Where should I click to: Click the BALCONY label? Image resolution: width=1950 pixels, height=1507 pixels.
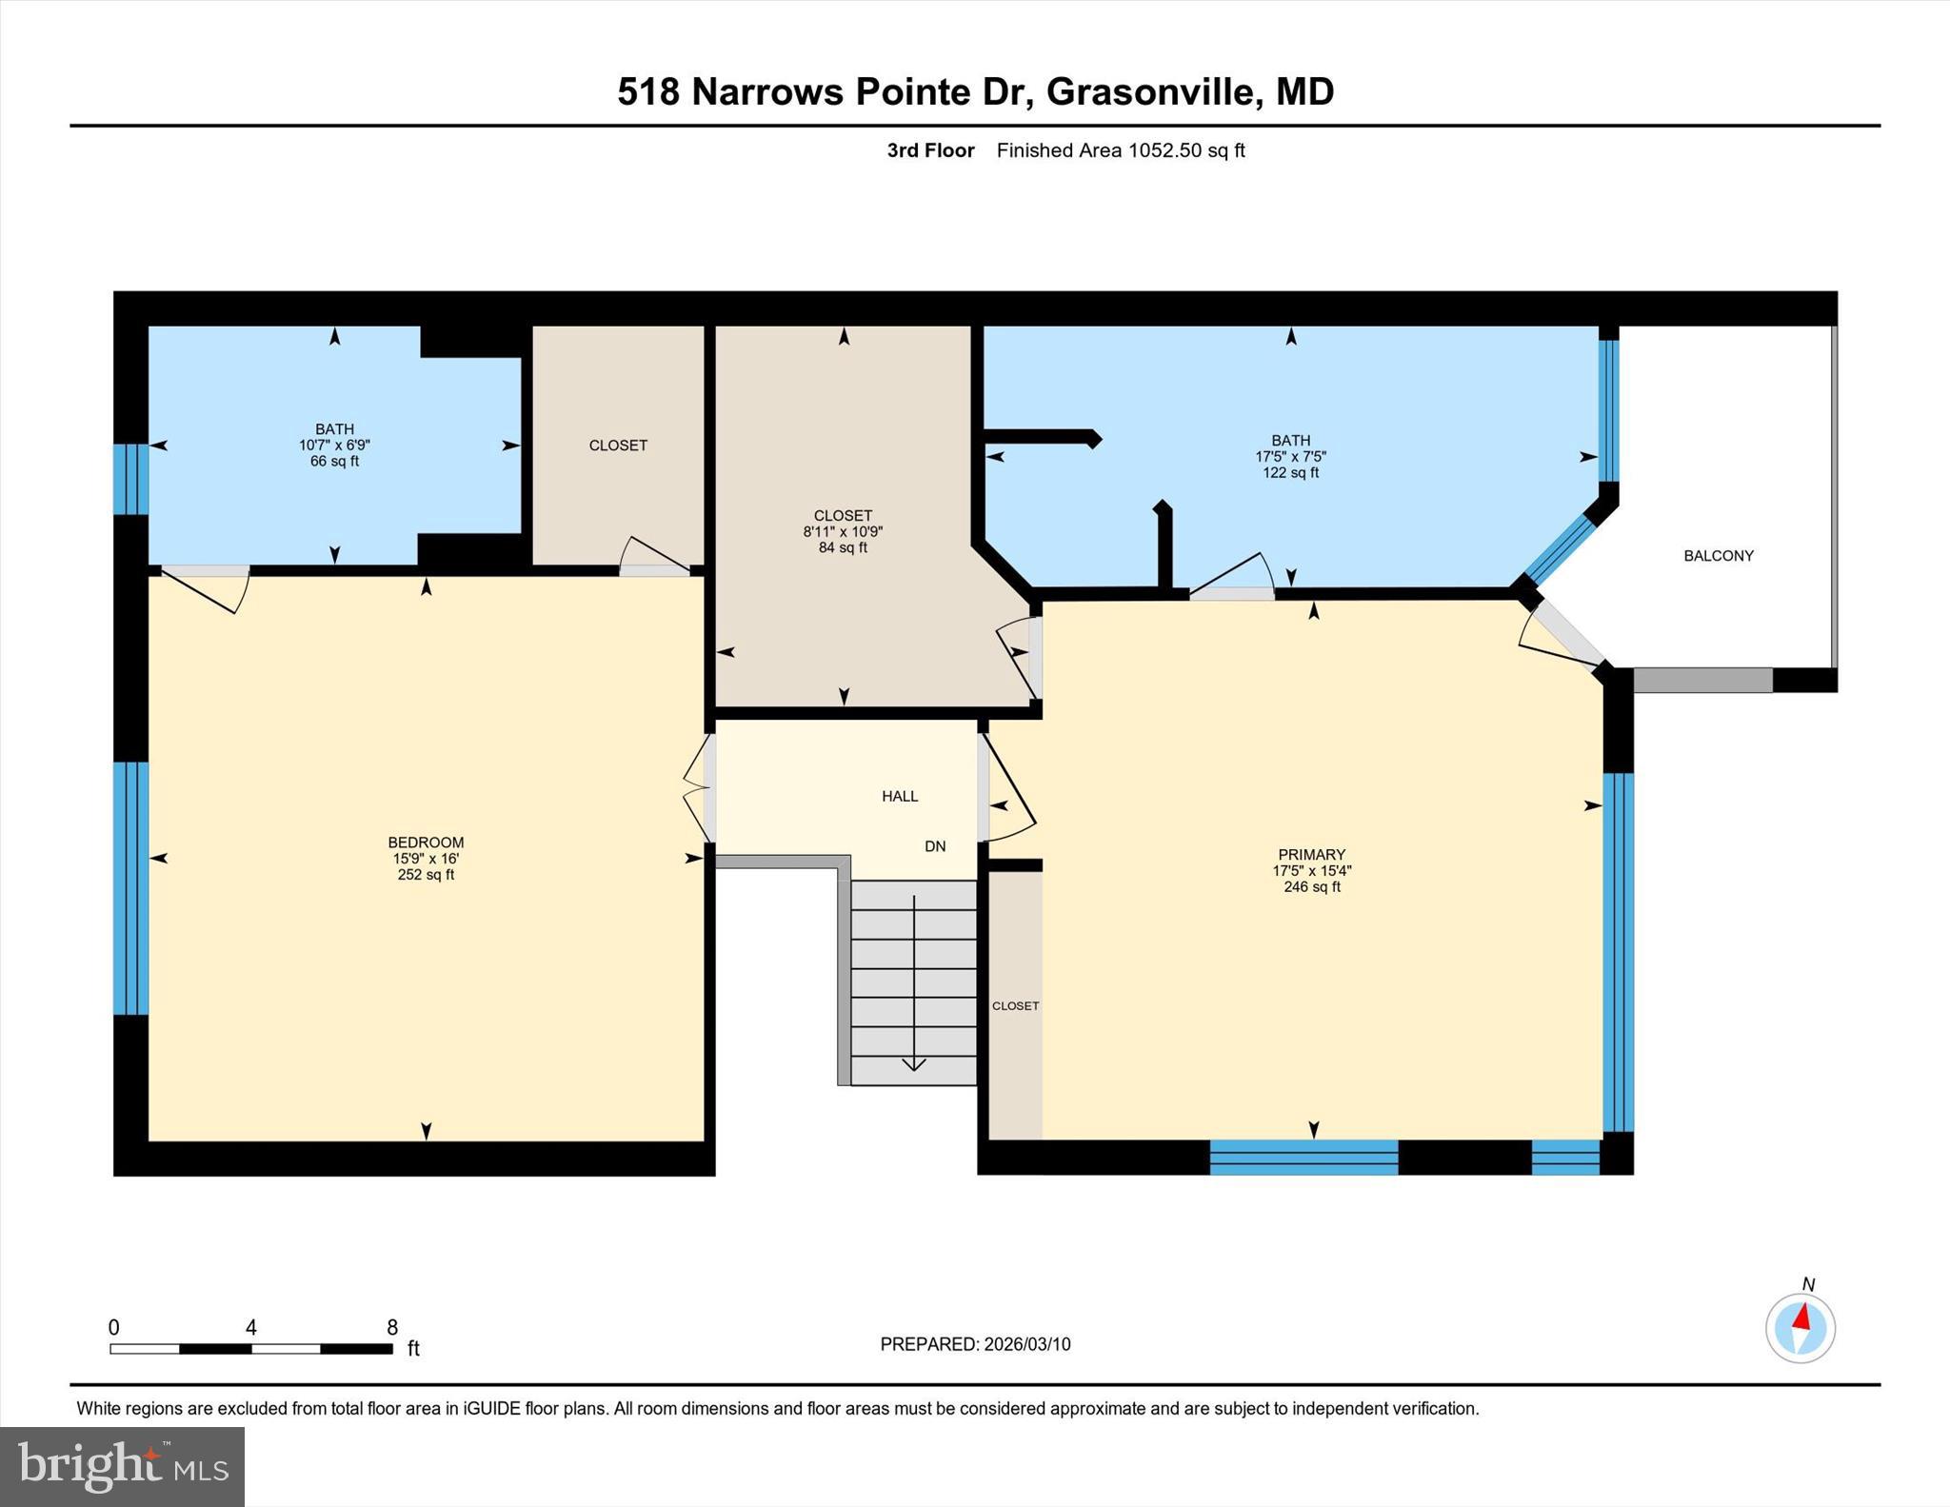[x=1718, y=556]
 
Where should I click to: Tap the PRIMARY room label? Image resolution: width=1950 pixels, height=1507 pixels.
[x=1311, y=855]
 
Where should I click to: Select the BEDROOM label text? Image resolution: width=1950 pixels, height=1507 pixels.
[x=426, y=843]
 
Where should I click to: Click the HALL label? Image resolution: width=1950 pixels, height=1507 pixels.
[x=900, y=796]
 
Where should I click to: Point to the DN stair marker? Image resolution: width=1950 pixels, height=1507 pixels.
[x=935, y=846]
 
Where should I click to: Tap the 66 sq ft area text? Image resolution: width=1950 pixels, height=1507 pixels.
[x=334, y=462]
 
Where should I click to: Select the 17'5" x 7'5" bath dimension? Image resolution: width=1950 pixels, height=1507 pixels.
[x=1290, y=457]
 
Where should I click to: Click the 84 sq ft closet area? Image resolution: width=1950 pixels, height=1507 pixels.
[x=843, y=548]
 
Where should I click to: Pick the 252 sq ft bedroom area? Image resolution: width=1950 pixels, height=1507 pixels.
[x=426, y=875]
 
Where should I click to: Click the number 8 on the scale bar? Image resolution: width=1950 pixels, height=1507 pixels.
[x=392, y=1327]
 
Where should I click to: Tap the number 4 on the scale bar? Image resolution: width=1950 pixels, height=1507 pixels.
[x=251, y=1327]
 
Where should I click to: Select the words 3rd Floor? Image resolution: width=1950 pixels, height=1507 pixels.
[x=930, y=150]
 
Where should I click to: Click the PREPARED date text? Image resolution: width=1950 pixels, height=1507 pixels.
[x=975, y=1344]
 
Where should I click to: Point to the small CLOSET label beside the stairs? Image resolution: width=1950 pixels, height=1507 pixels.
[x=1015, y=1006]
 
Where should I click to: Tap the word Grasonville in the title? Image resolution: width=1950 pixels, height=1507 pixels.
[x=1150, y=92]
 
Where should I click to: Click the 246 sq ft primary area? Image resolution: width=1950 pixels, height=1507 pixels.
[x=1311, y=887]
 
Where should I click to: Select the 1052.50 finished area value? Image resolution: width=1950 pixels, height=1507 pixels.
[x=1165, y=150]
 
